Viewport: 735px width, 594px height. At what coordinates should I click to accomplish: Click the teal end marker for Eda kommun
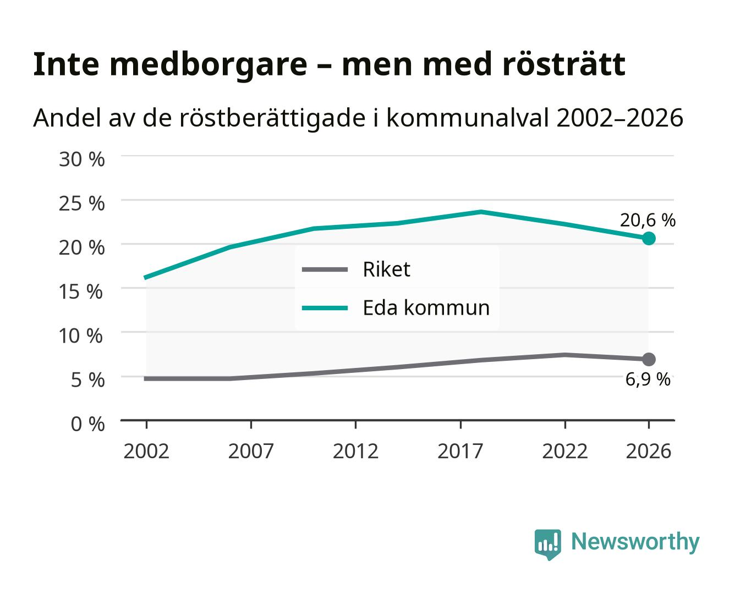point(649,238)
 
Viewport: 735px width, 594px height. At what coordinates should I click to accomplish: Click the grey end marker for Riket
point(649,360)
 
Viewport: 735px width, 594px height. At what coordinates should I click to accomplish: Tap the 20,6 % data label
point(648,220)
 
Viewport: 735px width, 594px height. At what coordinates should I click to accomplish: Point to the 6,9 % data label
point(648,380)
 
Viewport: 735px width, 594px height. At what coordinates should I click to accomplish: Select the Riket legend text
point(386,269)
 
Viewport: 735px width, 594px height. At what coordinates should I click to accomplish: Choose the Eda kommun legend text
point(426,307)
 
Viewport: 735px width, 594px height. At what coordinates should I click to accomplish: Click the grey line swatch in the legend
point(325,269)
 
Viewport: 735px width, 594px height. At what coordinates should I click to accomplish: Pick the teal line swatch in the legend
point(325,308)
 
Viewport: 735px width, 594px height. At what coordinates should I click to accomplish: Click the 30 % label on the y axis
point(81,159)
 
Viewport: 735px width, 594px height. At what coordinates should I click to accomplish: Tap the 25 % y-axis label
point(81,204)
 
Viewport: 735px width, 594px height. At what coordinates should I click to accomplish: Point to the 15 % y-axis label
point(81,291)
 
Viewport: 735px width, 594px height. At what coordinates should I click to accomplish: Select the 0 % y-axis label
point(87,424)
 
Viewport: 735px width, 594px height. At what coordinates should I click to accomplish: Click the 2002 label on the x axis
point(146,451)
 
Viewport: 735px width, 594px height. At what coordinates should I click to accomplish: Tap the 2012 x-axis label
point(355,451)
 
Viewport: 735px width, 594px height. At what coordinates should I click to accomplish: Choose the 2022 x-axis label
point(565,451)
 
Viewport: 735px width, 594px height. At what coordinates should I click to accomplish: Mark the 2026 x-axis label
point(649,451)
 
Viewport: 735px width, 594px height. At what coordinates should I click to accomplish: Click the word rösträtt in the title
point(564,64)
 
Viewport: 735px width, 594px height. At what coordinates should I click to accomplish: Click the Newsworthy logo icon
point(547,544)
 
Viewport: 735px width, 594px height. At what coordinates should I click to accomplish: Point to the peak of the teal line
point(481,211)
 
